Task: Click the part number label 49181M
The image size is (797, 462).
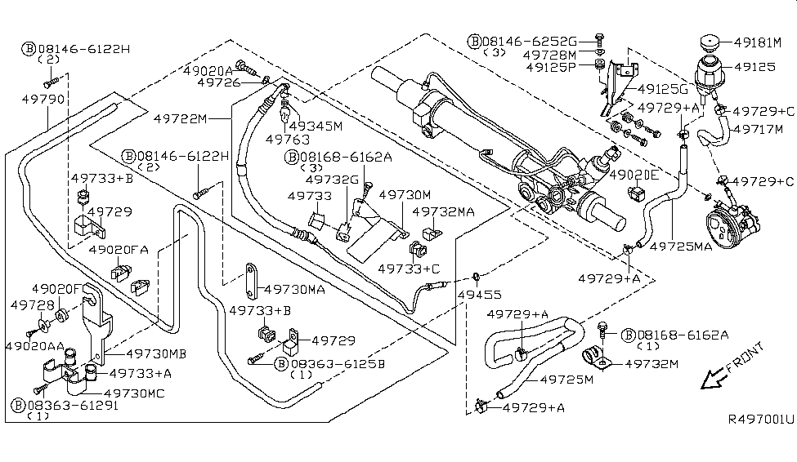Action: pyautogui.click(x=757, y=42)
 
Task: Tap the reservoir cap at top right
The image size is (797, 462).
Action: pyautogui.click(x=710, y=42)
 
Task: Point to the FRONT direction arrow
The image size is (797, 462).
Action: pyautogui.click(x=713, y=378)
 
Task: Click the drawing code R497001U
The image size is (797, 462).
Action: pyautogui.click(x=761, y=419)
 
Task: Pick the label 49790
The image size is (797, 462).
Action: pyautogui.click(x=43, y=99)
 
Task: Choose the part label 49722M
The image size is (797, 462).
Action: pyautogui.click(x=181, y=119)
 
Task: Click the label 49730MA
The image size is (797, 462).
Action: pyautogui.click(x=294, y=290)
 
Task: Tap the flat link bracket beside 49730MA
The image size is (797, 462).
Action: pyautogui.click(x=252, y=281)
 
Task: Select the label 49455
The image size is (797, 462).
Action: pyautogui.click(x=479, y=295)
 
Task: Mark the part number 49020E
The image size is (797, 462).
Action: pyautogui.click(x=634, y=175)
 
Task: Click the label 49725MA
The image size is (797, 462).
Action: pyautogui.click(x=681, y=247)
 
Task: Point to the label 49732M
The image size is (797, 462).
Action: pyautogui.click(x=651, y=363)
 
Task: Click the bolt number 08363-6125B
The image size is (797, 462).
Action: pyautogui.click(x=337, y=363)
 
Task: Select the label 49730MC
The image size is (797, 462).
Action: pyautogui.click(x=134, y=393)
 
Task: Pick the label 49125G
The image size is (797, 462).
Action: pyautogui.click(x=662, y=89)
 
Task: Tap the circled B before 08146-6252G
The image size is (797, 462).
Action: pyautogui.click(x=474, y=41)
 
